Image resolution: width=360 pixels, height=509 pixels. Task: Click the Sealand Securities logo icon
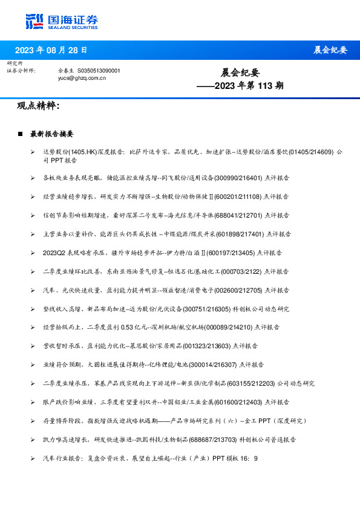34,21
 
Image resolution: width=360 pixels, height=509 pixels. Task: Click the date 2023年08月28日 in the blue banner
51,50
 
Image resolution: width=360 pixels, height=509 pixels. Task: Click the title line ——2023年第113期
240,86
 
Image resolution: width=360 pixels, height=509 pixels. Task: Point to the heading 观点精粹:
38,106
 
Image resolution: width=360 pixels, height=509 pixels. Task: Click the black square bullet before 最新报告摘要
21,134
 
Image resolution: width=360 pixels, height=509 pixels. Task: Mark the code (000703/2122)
228,271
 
